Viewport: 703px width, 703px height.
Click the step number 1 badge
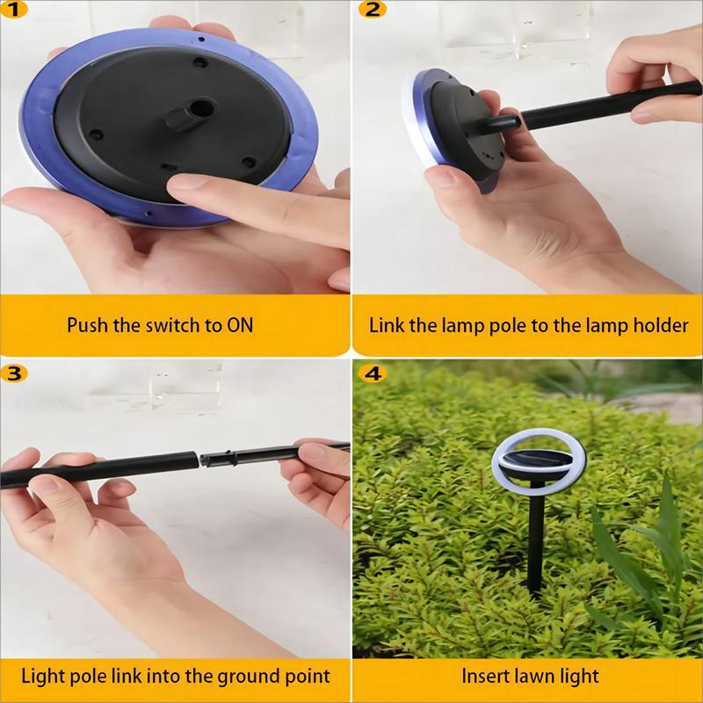tap(14, 10)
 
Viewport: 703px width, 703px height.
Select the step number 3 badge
tap(14, 372)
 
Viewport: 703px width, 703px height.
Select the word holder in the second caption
tap(658, 325)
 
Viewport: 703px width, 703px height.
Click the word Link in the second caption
tap(385, 325)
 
